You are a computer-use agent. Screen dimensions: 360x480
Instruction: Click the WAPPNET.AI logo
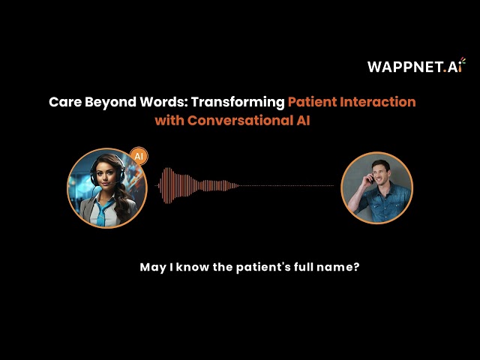(415, 66)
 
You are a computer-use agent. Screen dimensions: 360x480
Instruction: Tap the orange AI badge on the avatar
(138, 156)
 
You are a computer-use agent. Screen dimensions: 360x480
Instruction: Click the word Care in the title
(64, 102)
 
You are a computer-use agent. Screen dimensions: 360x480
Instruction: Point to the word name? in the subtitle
(343, 267)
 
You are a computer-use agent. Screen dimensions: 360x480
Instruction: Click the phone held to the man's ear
(367, 180)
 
